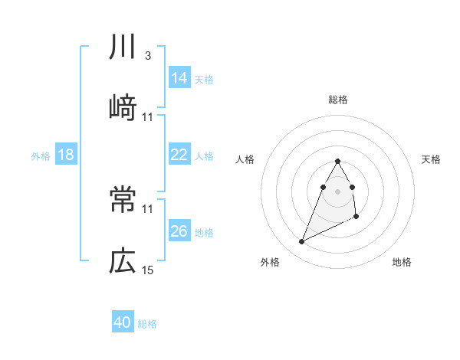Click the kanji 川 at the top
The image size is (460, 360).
(123, 48)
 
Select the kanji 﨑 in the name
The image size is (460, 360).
(123, 108)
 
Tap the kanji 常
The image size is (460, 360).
(123, 201)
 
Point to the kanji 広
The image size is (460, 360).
(123, 261)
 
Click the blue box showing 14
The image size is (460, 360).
(179, 77)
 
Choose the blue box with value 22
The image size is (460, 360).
(179, 155)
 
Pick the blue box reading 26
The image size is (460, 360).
(179, 231)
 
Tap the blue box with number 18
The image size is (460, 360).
(66, 155)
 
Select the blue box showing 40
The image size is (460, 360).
(123, 322)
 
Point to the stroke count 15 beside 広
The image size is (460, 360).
(148, 270)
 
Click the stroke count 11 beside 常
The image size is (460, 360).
(148, 208)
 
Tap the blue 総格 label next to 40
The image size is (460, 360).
(147, 324)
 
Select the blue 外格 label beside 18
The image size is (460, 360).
(41, 156)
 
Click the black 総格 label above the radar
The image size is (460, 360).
(338, 100)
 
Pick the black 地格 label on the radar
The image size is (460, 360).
(402, 263)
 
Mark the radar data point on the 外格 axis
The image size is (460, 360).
(301, 242)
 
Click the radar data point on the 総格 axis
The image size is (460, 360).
(338, 161)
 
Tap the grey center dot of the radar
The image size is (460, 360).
(338, 191)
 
